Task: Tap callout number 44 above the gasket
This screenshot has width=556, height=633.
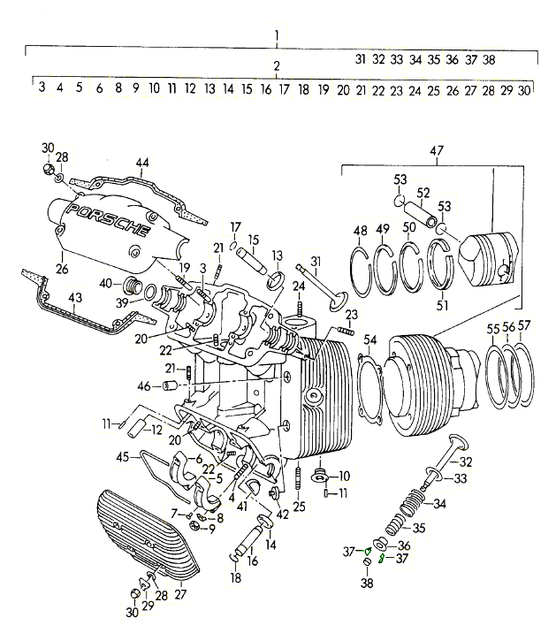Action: point(141,162)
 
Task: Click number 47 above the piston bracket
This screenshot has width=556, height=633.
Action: point(436,152)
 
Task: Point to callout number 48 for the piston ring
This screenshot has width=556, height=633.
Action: point(360,232)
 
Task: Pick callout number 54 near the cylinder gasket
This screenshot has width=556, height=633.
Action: point(369,340)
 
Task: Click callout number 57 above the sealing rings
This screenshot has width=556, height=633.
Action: point(524,326)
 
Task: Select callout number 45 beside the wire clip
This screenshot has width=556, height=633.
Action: point(124,457)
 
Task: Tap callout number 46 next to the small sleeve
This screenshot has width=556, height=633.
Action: point(144,386)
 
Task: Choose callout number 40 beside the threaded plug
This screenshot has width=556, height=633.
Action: point(105,284)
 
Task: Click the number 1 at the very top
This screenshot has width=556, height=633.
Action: point(277,36)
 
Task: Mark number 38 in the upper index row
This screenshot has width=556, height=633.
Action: point(489,60)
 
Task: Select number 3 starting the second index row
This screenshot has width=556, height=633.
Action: point(41,88)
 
